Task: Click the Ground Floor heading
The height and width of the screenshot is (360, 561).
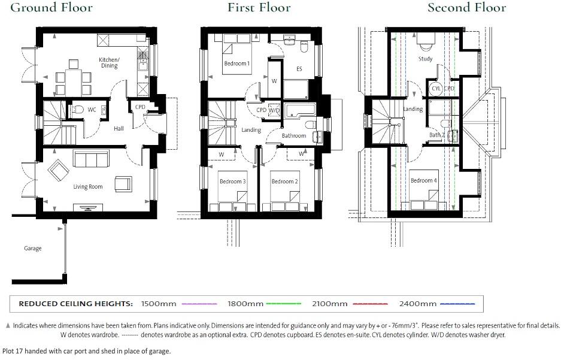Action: coord(52,8)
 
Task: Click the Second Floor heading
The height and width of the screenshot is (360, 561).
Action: coord(466,8)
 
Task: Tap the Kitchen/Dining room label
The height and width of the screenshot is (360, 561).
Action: coord(109,62)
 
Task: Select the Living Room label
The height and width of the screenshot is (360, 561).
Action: coord(88,187)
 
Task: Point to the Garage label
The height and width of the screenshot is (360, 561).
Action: coord(33,249)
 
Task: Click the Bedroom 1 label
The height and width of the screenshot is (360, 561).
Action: coord(236,63)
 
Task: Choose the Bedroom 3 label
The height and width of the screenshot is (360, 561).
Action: coord(232,181)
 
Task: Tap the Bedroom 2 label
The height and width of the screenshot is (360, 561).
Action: coord(284,181)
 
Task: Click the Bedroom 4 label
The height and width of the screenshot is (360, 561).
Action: coord(423,180)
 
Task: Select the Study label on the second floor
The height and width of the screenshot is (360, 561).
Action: coord(425,59)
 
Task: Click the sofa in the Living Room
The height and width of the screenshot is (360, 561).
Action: coord(90,159)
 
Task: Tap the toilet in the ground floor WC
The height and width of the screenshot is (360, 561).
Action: coord(77,110)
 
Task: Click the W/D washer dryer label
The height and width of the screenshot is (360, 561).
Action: coord(274,111)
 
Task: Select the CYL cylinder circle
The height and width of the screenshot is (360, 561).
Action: coord(436,89)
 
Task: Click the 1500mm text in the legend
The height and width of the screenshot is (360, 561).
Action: coord(159,304)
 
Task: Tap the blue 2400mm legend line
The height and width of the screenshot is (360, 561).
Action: coord(457,304)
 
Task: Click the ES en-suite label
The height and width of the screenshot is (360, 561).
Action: coord(299,69)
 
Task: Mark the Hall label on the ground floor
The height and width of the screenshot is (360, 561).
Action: coord(119,129)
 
